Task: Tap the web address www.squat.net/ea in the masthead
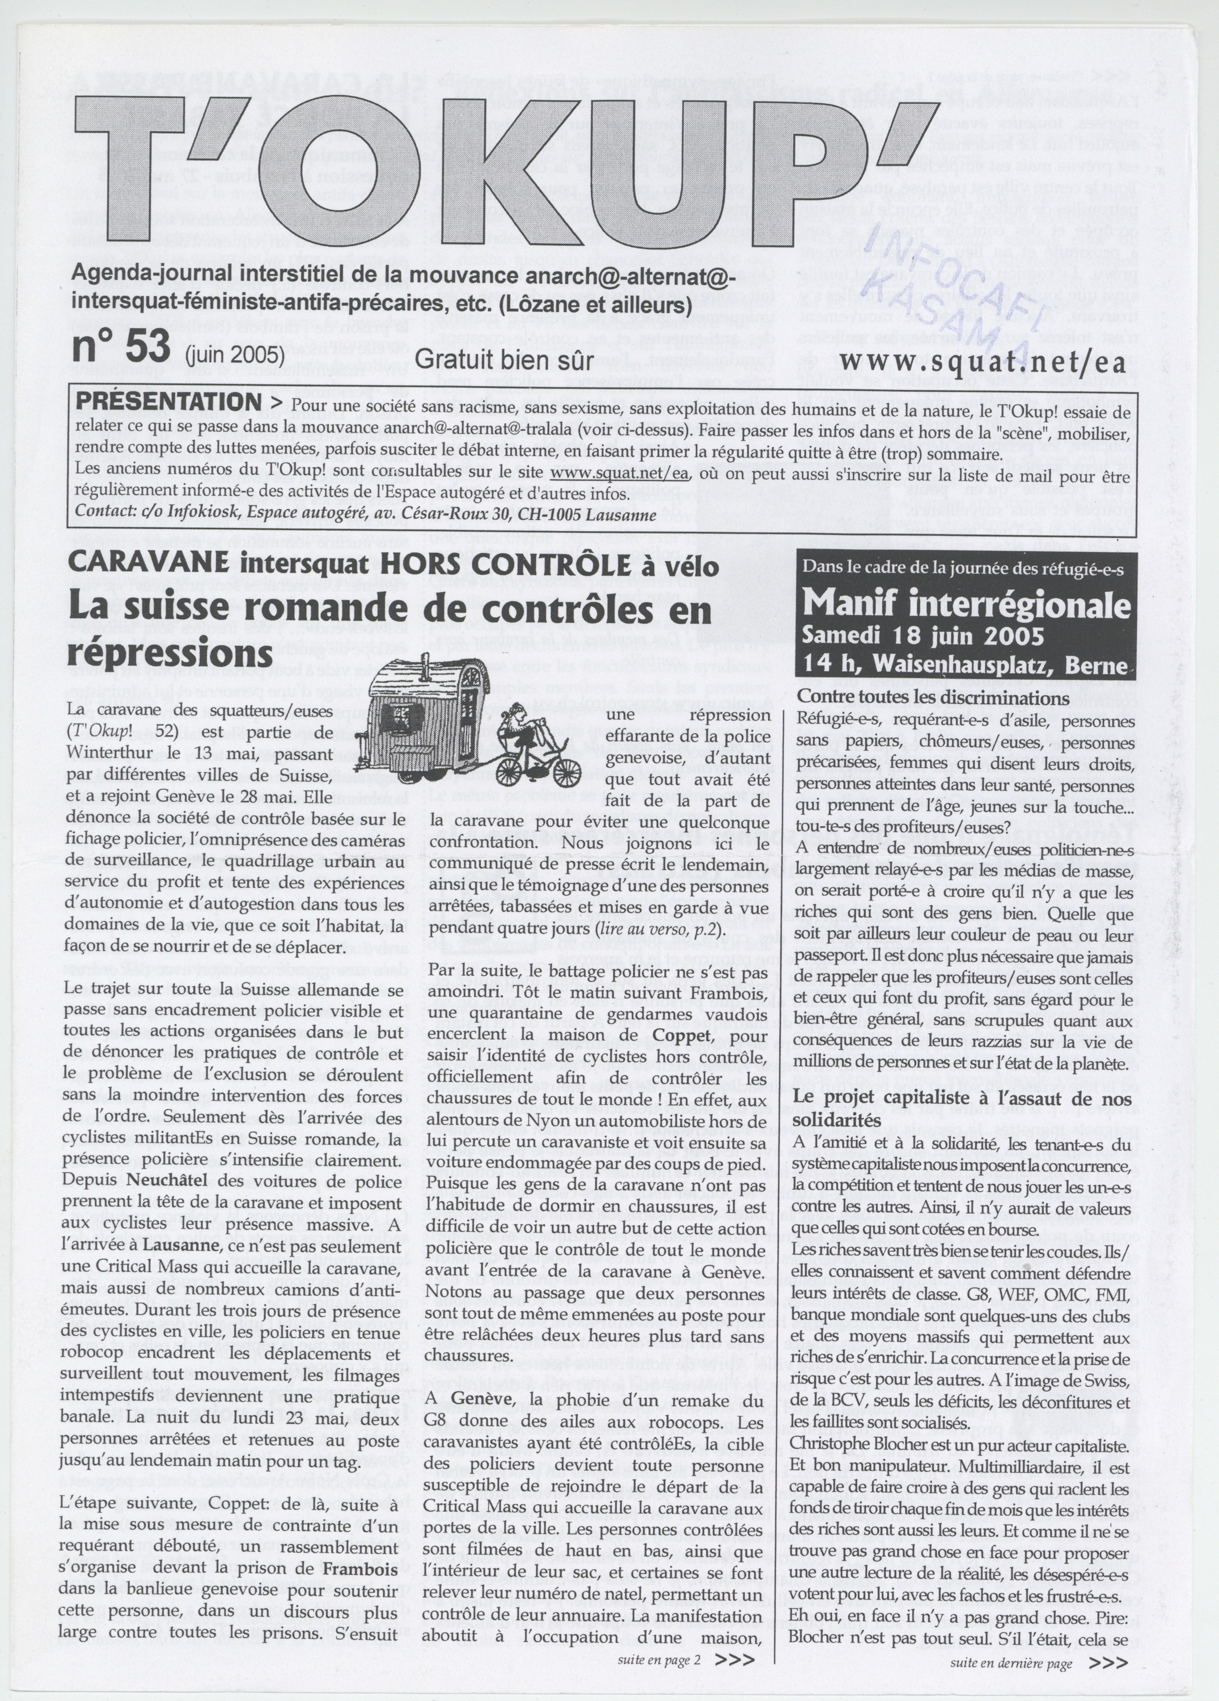pos(984,360)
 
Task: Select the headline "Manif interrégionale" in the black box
pos(966,604)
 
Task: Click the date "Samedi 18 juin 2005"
pos(922,636)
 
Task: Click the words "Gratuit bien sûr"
pos(503,360)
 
